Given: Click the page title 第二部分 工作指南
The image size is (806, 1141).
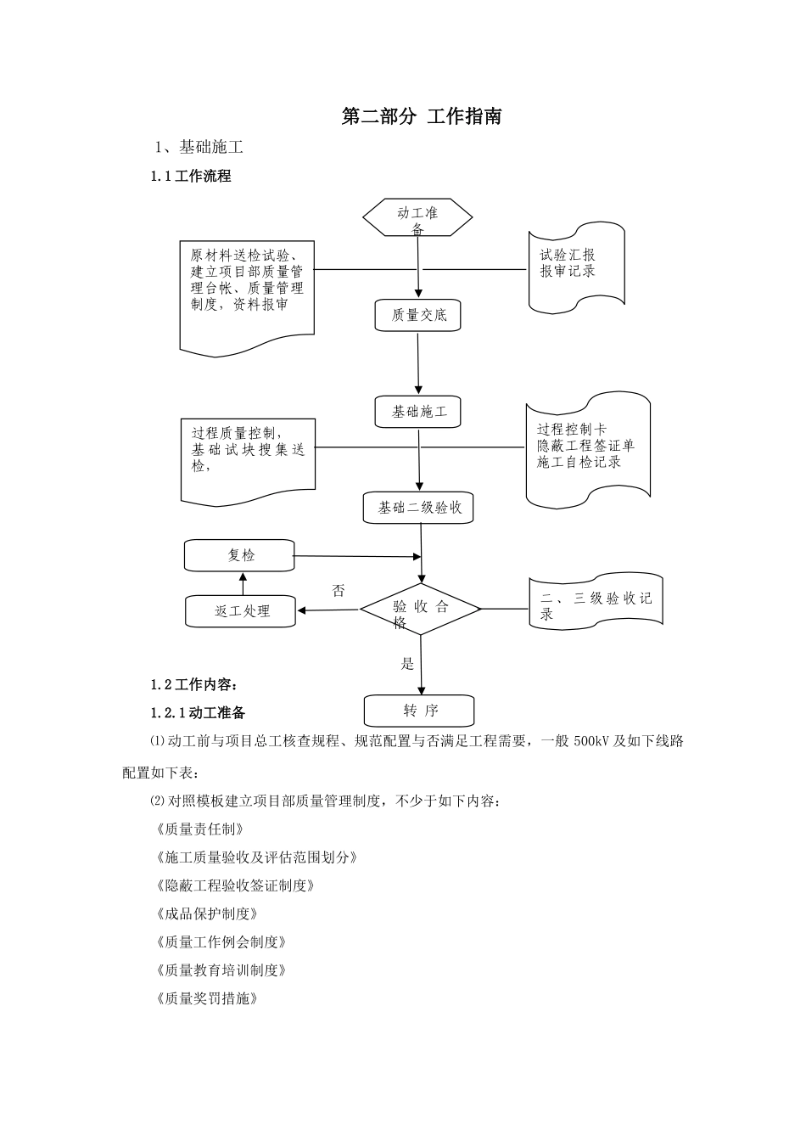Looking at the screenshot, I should coord(421,117).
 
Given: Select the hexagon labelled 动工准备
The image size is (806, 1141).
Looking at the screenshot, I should coord(417,218).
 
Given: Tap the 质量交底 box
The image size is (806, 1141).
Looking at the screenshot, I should coord(418,315).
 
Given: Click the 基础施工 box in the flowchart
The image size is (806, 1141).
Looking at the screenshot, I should coord(418,412).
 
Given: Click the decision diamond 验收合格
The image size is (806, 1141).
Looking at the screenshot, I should coord(421,610).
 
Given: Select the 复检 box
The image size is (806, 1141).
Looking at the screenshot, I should coord(240,555).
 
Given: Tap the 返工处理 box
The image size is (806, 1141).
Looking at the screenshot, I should coord(240,611).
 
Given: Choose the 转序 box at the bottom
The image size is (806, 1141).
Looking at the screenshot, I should coord(419,711).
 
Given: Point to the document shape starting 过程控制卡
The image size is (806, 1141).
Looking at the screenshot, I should coord(586,447).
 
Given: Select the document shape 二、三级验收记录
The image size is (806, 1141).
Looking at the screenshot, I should coord(596,604).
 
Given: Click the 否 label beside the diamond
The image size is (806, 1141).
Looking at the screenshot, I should coord(339,591).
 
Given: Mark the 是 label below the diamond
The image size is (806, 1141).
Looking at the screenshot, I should coord(407,664).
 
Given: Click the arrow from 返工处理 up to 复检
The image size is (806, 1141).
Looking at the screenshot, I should coord(243,583).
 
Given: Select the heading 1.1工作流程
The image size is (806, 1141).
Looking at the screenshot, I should coord(191,177).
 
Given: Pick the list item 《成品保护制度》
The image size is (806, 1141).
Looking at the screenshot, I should coord(207,913).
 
